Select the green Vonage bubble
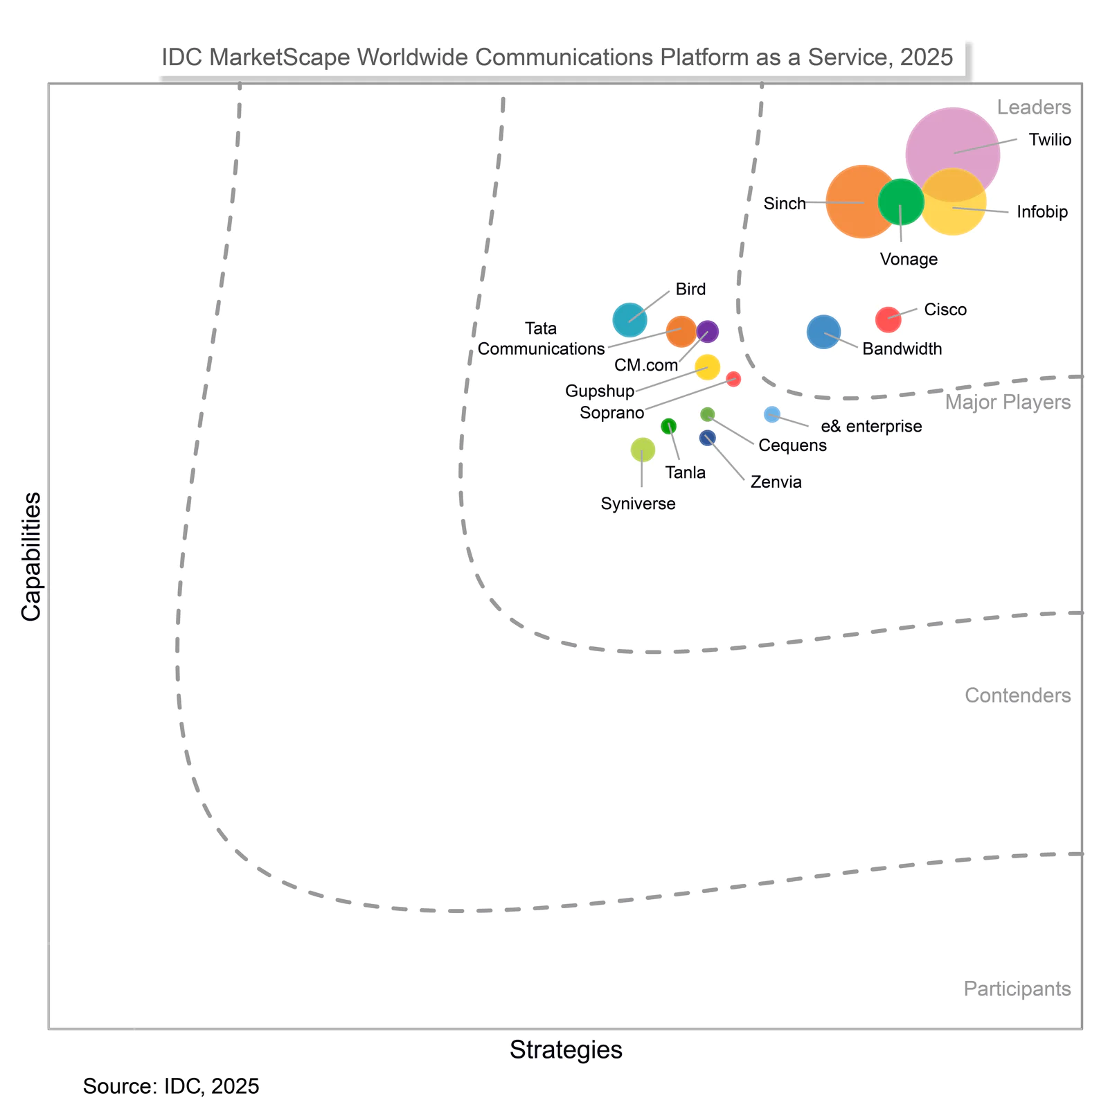[x=901, y=202]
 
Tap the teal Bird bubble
[x=629, y=320]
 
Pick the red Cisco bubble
[x=888, y=319]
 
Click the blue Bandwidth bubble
[x=823, y=332]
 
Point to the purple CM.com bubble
[x=707, y=332]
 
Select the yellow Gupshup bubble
[x=707, y=366]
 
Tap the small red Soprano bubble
[x=733, y=379]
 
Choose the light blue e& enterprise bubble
[x=772, y=414]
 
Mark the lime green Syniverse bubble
[x=643, y=450]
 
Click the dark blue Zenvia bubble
[x=707, y=438]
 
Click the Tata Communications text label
[x=541, y=339]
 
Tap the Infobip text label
[x=1042, y=212]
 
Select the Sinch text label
[x=785, y=204]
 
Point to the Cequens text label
[x=792, y=445]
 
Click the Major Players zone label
[x=1008, y=402]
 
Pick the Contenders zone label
[x=1017, y=696]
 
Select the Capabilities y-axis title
[x=30, y=557]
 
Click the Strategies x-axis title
[x=566, y=1050]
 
